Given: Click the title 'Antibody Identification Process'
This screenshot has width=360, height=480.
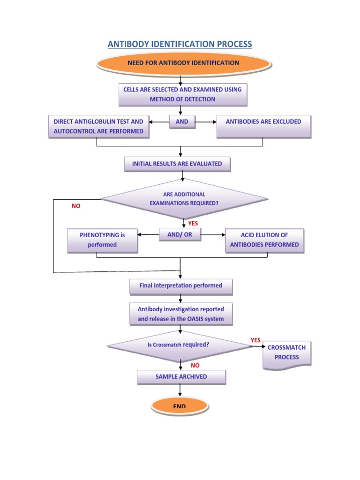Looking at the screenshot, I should click(180, 44).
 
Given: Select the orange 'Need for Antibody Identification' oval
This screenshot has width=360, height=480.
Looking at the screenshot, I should click(183, 63).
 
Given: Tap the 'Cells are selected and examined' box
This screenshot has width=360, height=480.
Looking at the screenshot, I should click(182, 94).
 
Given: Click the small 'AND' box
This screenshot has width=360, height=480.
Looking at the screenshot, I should click(182, 122).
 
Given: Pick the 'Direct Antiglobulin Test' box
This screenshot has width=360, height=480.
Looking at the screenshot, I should click(98, 127).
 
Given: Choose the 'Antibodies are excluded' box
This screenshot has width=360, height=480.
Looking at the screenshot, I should click(263, 126).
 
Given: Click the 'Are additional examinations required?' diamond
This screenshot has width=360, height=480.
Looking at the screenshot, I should click(184, 199).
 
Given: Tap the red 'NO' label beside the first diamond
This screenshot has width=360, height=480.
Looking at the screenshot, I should click(76, 206).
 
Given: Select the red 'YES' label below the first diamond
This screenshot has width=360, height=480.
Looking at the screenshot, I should click(193, 224).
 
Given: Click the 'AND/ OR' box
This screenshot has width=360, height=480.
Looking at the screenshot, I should click(180, 235).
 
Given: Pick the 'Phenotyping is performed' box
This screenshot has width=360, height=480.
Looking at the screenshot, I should click(102, 240).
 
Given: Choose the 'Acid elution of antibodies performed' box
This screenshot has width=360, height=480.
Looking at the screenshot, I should click(264, 240).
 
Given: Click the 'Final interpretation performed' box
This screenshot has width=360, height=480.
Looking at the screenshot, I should click(181, 285).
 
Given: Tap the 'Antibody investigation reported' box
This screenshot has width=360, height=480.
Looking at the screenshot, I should click(181, 314).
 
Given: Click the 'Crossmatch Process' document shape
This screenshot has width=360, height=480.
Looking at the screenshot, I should click(286, 352).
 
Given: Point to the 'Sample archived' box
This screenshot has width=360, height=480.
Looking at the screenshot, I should click(181, 377).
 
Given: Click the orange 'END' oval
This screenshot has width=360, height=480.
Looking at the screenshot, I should click(180, 406).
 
